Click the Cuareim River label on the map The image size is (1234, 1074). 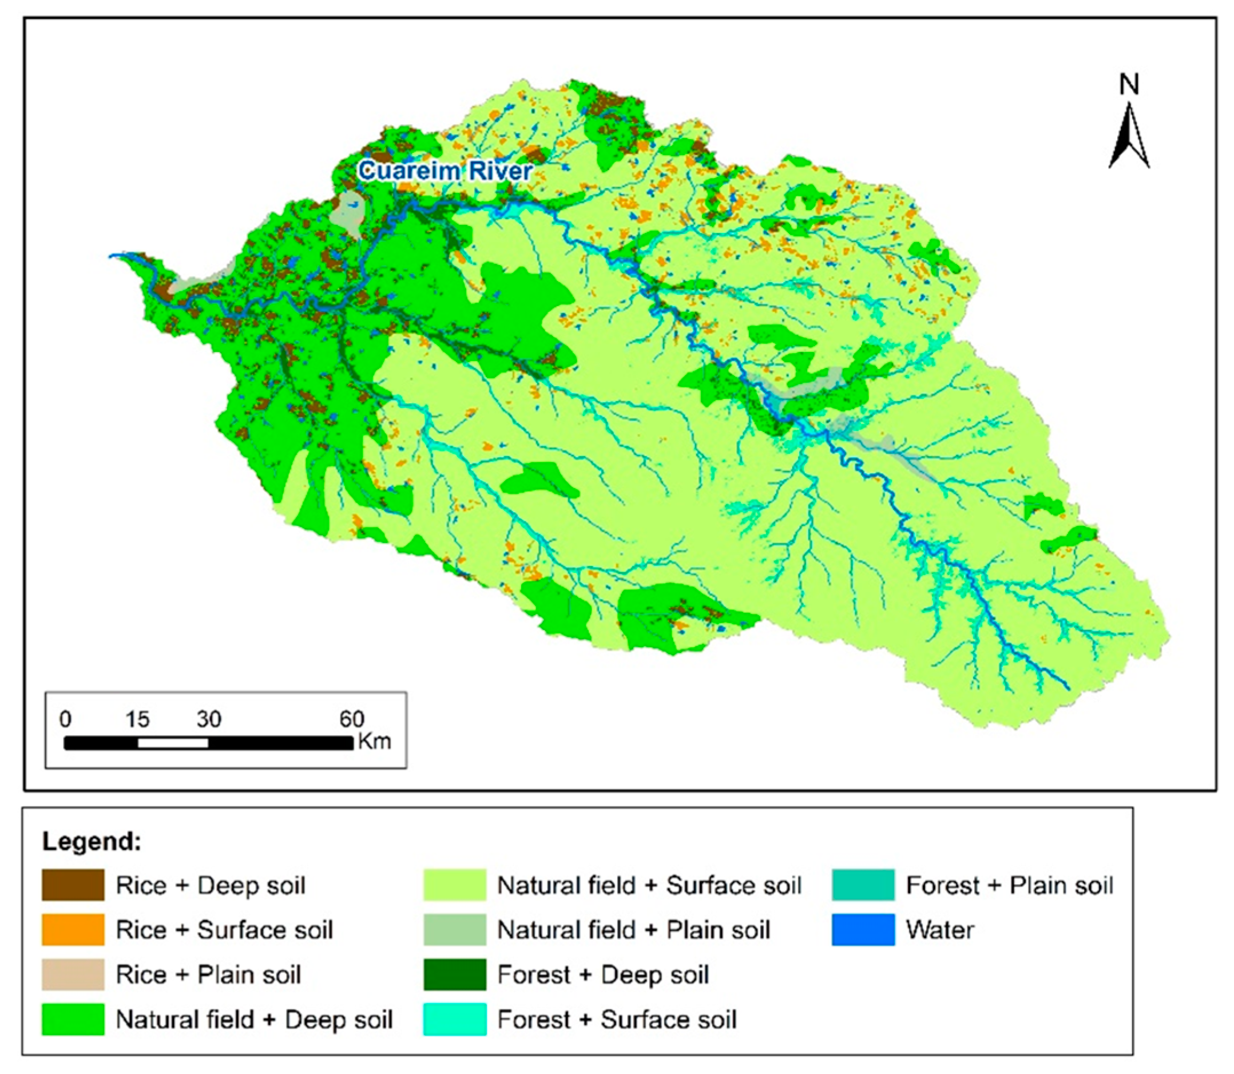point(445,171)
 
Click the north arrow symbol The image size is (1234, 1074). point(1129,137)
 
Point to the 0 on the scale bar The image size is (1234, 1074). point(65,719)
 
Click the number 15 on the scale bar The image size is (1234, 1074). point(137,719)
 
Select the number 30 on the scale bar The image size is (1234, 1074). point(209,719)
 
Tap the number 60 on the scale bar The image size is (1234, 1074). point(352,719)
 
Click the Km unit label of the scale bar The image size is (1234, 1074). point(375,742)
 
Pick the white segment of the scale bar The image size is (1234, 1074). point(173,743)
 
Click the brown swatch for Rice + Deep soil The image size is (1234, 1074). point(73,885)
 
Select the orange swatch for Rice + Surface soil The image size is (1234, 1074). point(73,930)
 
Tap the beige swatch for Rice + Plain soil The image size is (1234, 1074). point(73,974)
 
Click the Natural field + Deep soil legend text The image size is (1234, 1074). point(254,1020)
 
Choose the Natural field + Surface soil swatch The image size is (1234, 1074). point(454,885)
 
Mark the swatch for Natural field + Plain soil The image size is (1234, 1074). point(454,930)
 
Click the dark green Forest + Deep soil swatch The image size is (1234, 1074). point(454,974)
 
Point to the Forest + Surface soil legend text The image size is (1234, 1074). point(617,1020)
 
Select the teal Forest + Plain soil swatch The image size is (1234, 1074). point(863,885)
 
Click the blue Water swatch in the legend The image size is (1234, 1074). point(863,930)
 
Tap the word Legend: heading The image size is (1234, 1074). point(92,842)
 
